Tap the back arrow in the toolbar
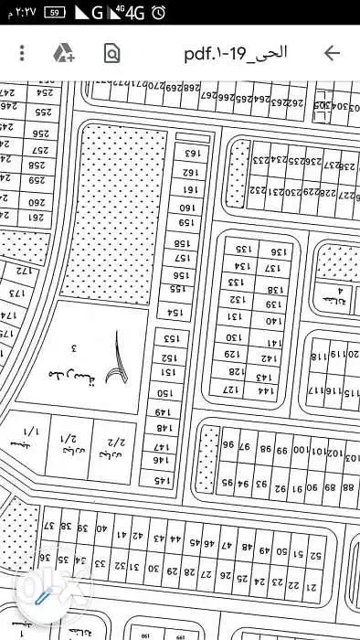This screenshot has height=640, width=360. [332, 52]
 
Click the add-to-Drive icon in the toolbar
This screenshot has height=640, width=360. [63, 52]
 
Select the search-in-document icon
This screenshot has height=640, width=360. [111, 52]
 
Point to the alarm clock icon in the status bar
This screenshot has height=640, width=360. [159, 12]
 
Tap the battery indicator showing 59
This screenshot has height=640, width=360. [56, 12]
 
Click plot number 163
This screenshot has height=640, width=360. [190, 154]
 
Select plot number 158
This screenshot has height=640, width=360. [182, 243]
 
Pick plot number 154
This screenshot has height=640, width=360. [175, 313]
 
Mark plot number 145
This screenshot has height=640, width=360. [162, 479]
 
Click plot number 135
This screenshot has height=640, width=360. [245, 249]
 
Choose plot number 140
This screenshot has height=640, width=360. [272, 321]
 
